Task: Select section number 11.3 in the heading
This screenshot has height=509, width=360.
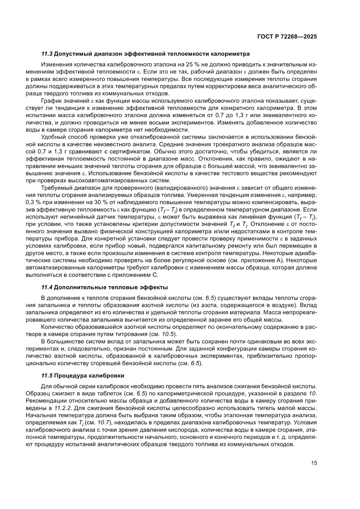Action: (47, 54)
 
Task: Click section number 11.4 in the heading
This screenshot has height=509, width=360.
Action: (47, 287)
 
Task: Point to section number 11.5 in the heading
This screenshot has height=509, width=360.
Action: (47, 375)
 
